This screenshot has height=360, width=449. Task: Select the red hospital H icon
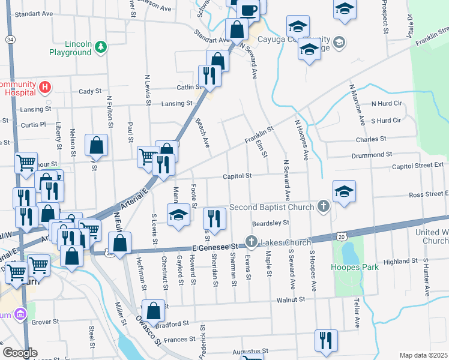44,88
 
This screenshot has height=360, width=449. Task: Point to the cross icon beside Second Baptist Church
324,207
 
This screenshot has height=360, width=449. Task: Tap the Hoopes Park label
355,266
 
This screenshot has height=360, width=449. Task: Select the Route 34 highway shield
11,39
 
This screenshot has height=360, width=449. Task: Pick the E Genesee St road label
215,247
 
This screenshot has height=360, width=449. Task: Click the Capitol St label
236,176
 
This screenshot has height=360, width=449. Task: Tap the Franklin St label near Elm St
259,134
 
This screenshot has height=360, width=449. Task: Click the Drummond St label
371,155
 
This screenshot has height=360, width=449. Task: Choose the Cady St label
90,91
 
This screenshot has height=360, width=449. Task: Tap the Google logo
20,353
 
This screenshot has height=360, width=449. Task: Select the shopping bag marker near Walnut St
154,309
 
